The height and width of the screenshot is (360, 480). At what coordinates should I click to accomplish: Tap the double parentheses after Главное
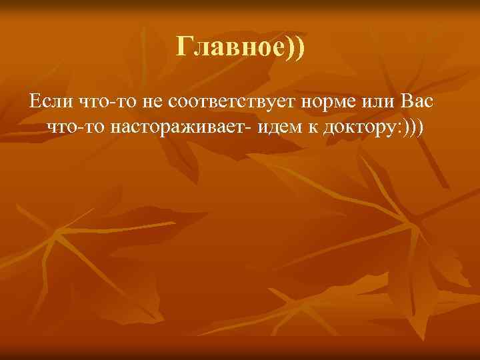(x=293, y=48)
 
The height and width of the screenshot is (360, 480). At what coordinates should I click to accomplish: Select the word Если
(x=47, y=103)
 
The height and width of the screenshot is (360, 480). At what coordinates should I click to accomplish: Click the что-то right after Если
(x=99, y=103)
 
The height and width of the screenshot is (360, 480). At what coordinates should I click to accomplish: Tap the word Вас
(x=419, y=103)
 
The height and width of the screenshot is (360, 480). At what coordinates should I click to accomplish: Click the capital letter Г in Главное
(x=184, y=47)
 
